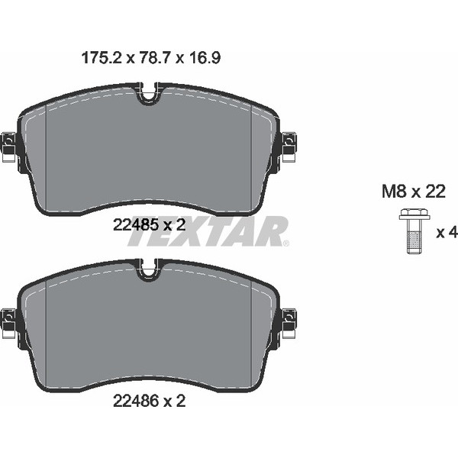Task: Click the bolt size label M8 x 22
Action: (413, 192)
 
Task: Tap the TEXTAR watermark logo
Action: (206, 232)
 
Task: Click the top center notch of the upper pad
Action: (150, 94)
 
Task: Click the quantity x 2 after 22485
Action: (175, 224)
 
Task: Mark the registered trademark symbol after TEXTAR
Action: (286, 244)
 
